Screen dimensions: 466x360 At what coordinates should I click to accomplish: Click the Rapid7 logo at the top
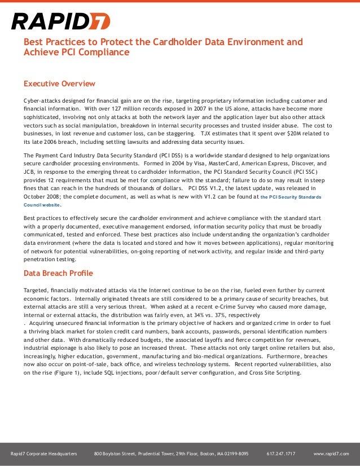coord(60,21)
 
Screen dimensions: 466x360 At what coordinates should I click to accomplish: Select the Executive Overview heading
coord(59,84)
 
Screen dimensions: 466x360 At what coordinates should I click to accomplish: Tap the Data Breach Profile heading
coord(58,274)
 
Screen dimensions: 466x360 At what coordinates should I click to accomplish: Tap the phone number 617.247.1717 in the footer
coord(280,454)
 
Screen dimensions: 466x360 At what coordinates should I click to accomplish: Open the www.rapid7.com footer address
coord(331,454)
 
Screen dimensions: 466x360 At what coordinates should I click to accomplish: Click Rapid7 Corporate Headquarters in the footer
coord(44,454)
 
